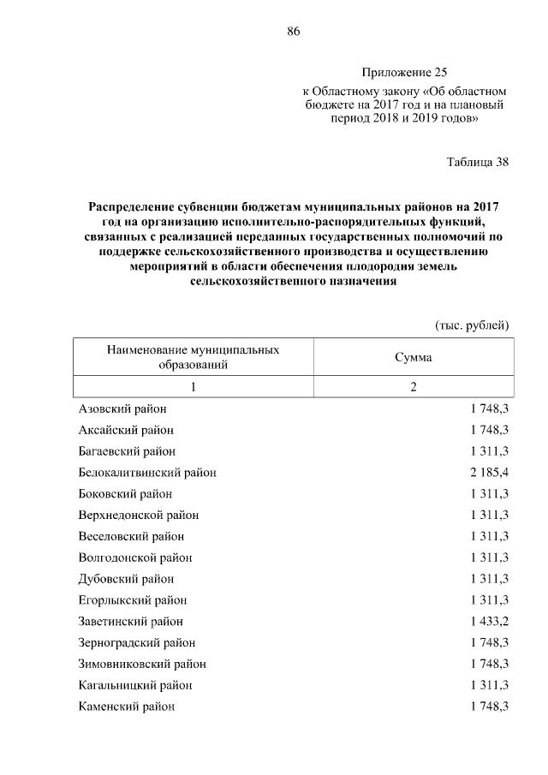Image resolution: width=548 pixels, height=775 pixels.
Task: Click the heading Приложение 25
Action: tap(404, 73)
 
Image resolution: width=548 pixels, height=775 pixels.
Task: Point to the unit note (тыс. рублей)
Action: tap(473, 325)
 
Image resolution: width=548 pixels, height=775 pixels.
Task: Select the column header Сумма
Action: tap(413, 357)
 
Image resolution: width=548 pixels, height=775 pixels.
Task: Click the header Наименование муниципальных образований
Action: tap(193, 357)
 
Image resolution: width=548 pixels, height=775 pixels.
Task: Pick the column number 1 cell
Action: tap(193, 387)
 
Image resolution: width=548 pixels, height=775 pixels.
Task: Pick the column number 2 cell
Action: tap(413, 387)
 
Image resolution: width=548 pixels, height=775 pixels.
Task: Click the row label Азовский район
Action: tap(122, 408)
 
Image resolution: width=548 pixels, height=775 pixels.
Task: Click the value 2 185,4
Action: tap(489, 472)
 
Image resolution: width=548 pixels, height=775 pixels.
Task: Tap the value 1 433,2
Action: tap(489, 621)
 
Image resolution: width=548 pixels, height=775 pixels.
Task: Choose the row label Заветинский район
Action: tap(130, 621)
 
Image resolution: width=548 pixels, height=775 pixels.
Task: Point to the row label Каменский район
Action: tap(126, 706)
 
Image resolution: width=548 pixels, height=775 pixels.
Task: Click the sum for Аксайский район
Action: tap(489, 430)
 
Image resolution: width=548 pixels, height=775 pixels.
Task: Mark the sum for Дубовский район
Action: tap(489, 579)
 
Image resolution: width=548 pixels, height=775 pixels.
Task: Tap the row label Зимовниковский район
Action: tap(141, 664)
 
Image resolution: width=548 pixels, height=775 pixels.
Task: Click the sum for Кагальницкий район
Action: tap(489, 685)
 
